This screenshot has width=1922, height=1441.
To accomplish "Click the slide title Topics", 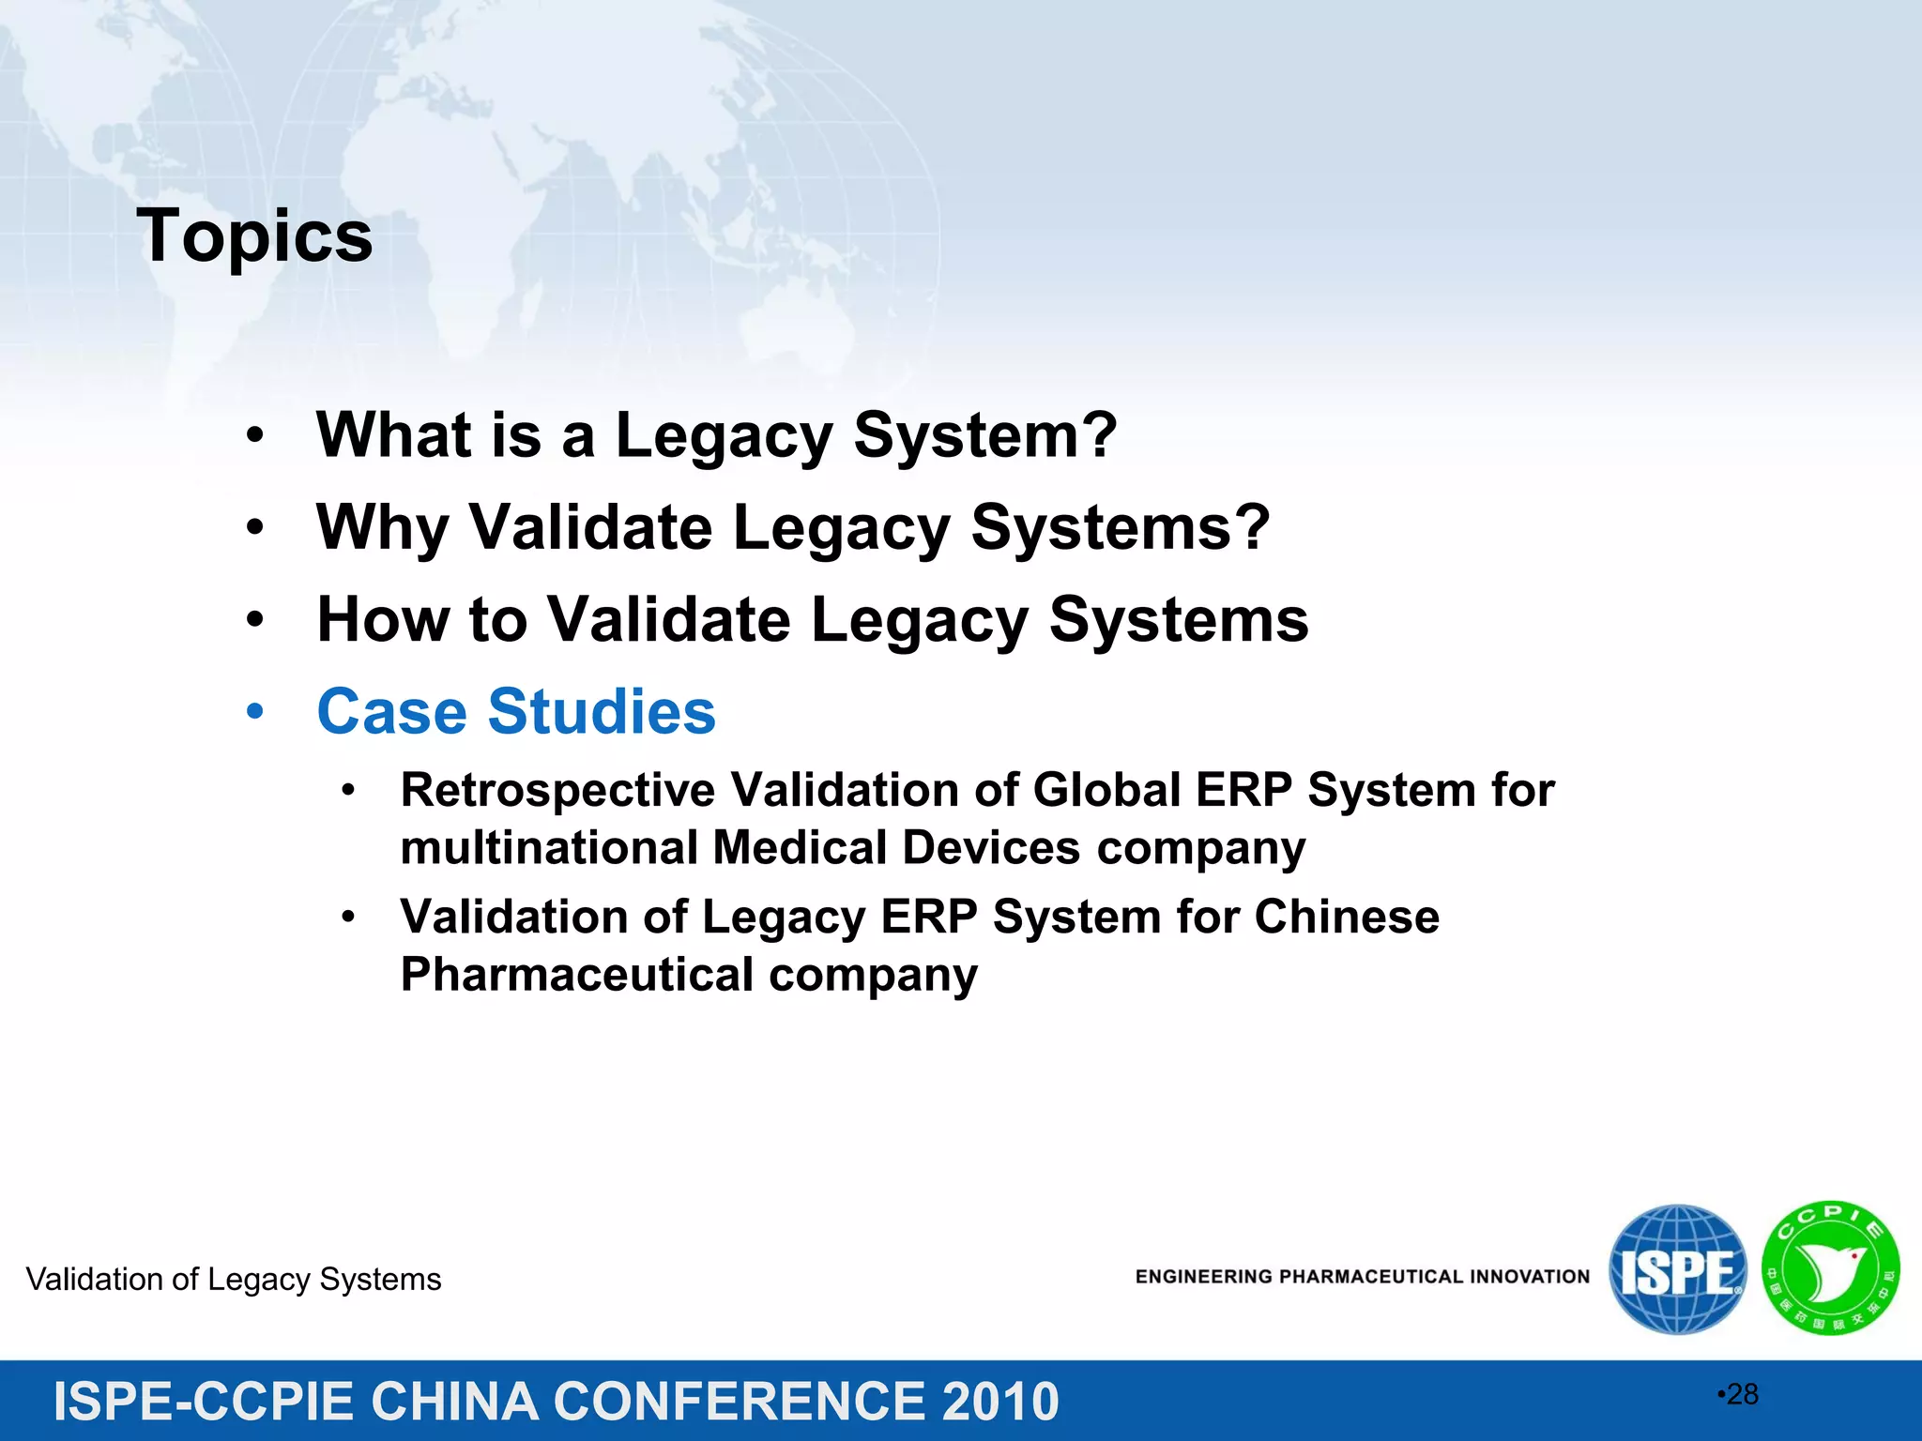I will coord(254,236).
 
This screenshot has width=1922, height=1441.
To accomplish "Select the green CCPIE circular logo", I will coord(1830,1268).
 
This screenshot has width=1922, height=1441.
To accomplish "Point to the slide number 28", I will coord(1742,1394).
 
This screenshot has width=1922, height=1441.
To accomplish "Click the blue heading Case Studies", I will coord(516,711).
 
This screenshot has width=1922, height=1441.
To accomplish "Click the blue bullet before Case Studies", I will coord(255,711).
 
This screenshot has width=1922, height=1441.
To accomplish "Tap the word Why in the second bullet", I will coord(383,527).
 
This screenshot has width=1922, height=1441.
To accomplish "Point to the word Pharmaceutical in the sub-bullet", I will coord(576,975).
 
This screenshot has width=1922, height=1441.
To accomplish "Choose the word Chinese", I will coord(1346,917).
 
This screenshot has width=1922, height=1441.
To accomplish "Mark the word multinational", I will coord(548,848).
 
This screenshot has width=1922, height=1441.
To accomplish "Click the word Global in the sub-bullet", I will coord(1106,790).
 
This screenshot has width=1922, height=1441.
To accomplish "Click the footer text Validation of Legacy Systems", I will coord(234,1280).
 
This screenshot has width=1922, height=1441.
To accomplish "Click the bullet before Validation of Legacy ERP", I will coord(348,917).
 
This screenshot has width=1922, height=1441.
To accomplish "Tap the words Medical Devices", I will coord(896,848).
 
